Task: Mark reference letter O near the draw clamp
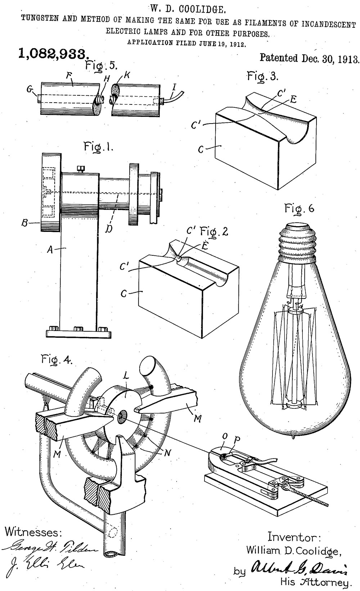point(225,436)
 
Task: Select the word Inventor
point(294,537)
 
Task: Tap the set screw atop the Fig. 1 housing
point(81,168)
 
